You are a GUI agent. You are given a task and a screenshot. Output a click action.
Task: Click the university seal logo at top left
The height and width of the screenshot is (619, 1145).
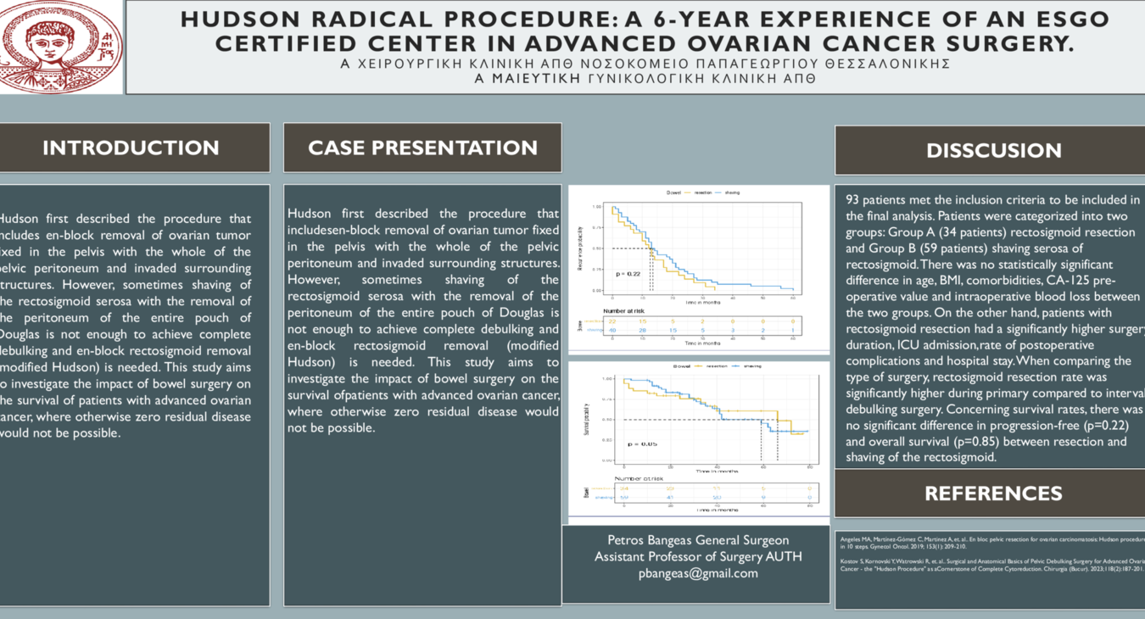61,44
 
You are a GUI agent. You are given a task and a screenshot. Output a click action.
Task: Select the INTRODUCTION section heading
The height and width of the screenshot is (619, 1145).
131,148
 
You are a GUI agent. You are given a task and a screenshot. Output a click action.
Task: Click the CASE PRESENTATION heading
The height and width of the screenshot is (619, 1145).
422,148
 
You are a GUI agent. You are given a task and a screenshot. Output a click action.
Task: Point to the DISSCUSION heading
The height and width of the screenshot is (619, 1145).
993,151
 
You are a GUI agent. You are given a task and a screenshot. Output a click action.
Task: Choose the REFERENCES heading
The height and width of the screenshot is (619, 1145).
992,494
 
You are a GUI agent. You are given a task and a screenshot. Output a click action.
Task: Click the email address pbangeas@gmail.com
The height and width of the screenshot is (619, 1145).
698,573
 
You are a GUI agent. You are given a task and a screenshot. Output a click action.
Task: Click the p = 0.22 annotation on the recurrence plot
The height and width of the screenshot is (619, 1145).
628,274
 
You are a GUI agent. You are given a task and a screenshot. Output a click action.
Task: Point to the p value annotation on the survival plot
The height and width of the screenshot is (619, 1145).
642,444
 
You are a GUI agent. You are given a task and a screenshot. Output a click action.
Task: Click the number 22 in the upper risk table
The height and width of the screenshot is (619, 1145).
612,321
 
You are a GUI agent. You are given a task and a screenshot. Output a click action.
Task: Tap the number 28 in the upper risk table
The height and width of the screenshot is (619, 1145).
642,331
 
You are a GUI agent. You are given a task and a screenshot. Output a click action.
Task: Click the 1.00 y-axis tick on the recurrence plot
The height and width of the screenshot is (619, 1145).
597,207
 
